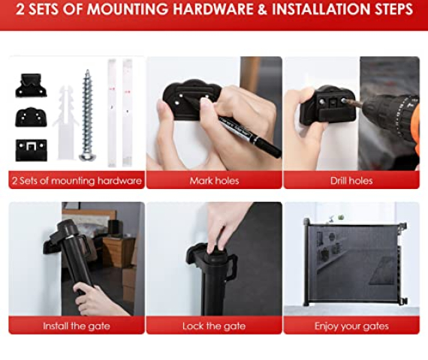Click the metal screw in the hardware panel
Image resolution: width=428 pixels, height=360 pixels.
point(87,115)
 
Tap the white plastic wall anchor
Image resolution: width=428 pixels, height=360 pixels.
point(65,123)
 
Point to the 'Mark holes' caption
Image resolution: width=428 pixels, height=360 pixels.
point(214,181)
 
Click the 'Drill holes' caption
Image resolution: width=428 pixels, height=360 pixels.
point(351,181)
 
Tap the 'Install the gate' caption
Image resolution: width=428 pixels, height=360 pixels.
point(77,326)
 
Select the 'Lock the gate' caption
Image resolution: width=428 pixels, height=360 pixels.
point(214,326)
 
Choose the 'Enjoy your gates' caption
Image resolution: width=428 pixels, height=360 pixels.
point(351,326)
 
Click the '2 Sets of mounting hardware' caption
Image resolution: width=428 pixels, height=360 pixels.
point(77,181)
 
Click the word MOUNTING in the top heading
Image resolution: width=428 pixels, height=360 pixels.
point(128,9)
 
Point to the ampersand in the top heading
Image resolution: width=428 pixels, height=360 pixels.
point(262,9)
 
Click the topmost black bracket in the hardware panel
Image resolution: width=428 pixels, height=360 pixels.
point(31,85)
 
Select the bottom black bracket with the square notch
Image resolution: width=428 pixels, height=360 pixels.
point(31,150)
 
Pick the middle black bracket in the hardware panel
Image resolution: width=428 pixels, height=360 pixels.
point(31,117)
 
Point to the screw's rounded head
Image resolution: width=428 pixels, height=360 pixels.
point(86,157)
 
